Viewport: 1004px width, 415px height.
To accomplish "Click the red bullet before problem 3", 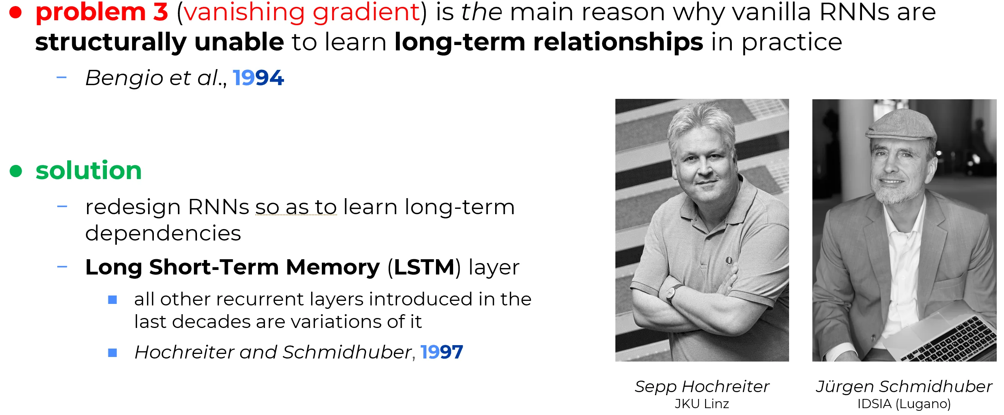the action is (15, 13).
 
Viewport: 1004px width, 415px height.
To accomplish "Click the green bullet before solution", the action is (16, 171).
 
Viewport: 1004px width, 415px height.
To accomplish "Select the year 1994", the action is (258, 78).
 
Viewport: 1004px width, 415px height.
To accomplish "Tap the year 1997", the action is (442, 352).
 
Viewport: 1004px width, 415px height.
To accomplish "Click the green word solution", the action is (89, 170).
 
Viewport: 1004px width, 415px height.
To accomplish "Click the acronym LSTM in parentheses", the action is (424, 267).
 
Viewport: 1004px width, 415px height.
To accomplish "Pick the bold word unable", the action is (239, 42).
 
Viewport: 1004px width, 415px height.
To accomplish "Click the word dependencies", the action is (163, 233).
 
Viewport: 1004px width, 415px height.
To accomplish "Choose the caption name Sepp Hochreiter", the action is (702, 386).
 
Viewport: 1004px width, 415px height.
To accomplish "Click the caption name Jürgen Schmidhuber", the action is (904, 386).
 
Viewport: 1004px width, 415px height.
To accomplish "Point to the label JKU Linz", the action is (702, 404).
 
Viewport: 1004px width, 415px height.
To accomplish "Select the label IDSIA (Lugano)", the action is (904, 404).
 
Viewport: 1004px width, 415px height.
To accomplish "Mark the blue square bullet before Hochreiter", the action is (112, 353).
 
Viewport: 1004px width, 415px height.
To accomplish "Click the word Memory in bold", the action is (333, 267).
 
